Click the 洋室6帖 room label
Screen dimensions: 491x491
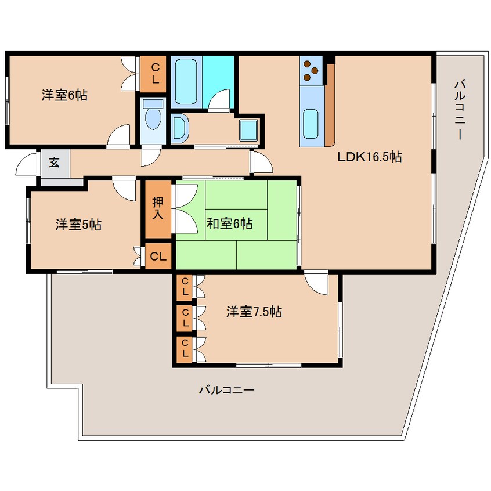tap(64, 95)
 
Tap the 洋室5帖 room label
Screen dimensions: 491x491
tap(78, 225)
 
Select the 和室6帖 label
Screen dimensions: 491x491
tap(229, 223)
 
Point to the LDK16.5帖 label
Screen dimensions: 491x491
tap(370, 157)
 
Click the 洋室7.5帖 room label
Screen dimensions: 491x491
tap(254, 312)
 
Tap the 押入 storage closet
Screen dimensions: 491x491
tap(158, 208)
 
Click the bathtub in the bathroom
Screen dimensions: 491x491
tap(186, 82)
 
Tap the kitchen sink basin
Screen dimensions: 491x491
tap(311, 124)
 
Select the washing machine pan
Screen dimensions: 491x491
tap(248, 130)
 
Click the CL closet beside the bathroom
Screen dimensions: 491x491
tap(153, 74)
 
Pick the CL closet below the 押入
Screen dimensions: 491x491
tap(158, 257)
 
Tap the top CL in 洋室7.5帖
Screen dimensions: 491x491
tap(185, 287)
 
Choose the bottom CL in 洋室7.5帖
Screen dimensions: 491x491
tap(185, 349)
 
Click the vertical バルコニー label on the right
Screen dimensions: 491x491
tap(459, 110)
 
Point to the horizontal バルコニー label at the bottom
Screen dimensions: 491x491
tap(227, 390)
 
